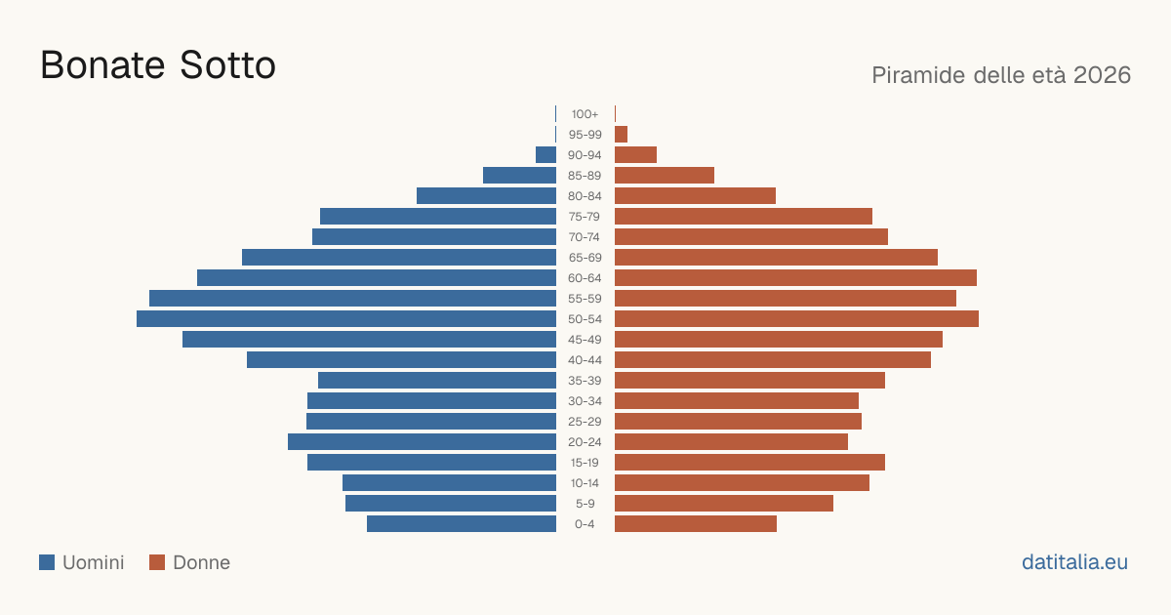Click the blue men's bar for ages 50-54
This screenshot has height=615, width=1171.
(346, 319)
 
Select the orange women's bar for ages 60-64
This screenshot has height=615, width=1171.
(795, 277)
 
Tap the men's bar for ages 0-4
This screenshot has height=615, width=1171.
(462, 524)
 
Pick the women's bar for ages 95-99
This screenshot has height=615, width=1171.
(621, 135)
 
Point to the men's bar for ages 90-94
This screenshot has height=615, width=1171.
(545, 155)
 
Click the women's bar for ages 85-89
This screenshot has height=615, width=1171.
(665, 175)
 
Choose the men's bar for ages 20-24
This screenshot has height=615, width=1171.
(422, 442)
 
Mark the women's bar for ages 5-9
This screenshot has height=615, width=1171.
(724, 504)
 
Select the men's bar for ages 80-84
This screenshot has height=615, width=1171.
(486, 196)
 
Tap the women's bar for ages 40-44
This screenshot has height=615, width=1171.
(773, 360)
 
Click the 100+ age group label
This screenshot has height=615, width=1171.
(585, 114)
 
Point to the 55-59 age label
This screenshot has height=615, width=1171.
(585, 299)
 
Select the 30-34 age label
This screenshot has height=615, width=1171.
(585, 401)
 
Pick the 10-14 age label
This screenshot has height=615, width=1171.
(585, 483)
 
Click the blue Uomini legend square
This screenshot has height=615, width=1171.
(47, 562)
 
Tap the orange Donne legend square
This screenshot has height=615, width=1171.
(157, 562)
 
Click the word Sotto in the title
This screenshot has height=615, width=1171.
(227, 65)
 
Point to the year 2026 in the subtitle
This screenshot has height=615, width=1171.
(1102, 75)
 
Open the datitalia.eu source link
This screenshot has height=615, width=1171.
(1074, 562)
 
